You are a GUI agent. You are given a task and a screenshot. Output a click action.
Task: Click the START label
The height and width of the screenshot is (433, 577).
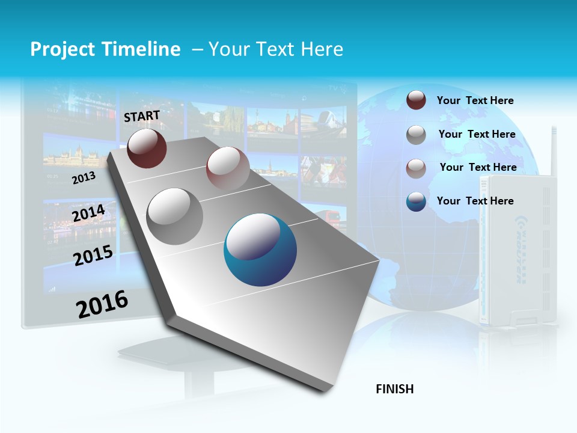pyautogui.click(x=142, y=116)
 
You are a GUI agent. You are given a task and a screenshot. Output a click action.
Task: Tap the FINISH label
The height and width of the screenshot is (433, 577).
pyautogui.click(x=395, y=389)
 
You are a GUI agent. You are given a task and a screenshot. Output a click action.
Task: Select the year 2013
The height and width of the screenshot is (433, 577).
pyautogui.click(x=84, y=177)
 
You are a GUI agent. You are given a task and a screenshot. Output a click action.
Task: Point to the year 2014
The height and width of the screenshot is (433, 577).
pyautogui.click(x=88, y=213)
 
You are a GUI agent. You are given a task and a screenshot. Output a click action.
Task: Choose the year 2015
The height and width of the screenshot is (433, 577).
pyautogui.click(x=93, y=256)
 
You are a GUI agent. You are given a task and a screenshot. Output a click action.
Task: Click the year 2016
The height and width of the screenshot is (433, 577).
pyautogui.click(x=102, y=304)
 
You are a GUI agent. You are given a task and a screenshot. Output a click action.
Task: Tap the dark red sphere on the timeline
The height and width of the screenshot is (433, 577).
pyautogui.click(x=147, y=148)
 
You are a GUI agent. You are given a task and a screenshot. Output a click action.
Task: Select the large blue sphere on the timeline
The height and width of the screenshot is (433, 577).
pyautogui.click(x=260, y=250)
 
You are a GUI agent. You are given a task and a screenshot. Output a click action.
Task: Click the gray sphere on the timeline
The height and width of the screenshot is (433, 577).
pyautogui.click(x=175, y=216)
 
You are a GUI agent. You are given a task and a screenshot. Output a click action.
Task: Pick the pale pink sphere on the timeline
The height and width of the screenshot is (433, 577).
pyautogui.click(x=227, y=168)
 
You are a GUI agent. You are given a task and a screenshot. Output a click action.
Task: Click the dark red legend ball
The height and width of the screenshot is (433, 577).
pyautogui.click(x=416, y=100)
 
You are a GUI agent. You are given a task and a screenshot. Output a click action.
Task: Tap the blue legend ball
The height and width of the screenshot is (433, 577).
pyautogui.click(x=416, y=201)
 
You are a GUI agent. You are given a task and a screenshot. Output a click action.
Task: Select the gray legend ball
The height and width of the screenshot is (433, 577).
pyautogui.click(x=416, y=135)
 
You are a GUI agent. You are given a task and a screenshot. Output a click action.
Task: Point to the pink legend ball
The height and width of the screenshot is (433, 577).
pyautogui.click(x=416, y=168)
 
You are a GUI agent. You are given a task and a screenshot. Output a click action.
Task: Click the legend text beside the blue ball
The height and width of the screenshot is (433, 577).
pyautogui.click(x=475, y=201)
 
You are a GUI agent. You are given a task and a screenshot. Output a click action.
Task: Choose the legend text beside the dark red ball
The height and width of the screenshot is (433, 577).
pyautogui.click(x=475, y=100)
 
